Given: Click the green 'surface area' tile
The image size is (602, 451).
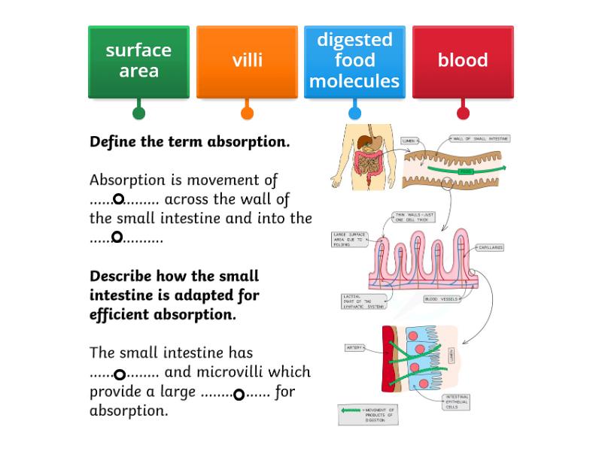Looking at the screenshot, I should pos(138,61).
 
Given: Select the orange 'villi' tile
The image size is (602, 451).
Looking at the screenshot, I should pos(247,61).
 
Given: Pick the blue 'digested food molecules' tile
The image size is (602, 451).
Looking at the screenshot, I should pos(354,61).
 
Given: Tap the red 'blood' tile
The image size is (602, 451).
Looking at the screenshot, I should pos(463,61).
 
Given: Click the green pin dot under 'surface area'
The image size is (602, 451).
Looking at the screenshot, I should pos(138,114).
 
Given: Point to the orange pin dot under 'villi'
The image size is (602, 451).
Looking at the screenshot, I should pos(247,114).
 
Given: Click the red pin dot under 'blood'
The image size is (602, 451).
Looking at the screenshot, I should pos(463,114).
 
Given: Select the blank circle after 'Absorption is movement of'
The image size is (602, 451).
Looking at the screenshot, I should pos(118,199).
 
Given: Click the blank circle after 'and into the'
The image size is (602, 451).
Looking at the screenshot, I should pos(117,238).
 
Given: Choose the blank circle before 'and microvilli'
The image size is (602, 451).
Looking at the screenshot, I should pos(119,374).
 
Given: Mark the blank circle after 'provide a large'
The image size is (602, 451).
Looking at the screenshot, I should pos(239,395).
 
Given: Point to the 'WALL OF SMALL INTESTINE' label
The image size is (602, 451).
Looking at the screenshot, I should pos(480,139).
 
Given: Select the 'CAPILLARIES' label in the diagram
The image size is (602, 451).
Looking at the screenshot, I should pos(490,247).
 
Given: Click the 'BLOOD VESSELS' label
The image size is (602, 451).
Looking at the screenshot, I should pos(441,299).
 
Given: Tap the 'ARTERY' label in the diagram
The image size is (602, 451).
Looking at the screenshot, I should pos(354,348).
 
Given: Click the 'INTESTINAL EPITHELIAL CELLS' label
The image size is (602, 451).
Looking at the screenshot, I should pos(457,402).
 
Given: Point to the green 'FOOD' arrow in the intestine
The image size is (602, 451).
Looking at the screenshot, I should pos(467,171).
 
